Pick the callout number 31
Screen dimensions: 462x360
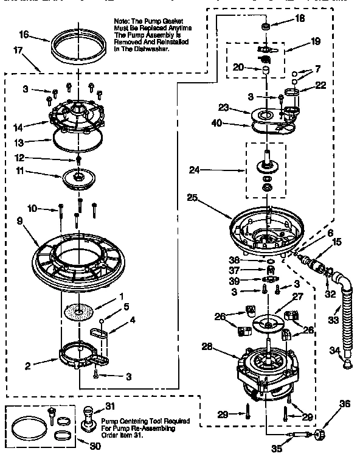(109, 407)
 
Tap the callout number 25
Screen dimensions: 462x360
(193, 197)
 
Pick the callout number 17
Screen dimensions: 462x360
(15, 51)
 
